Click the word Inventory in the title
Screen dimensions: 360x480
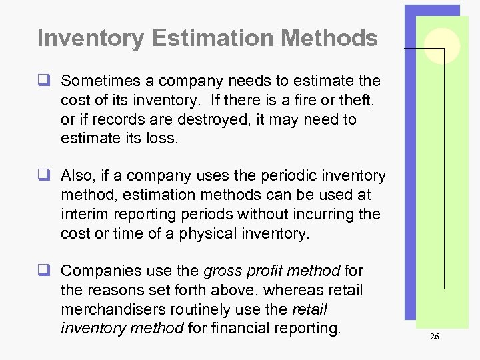point(90,38)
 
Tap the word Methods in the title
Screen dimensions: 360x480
point(329,38)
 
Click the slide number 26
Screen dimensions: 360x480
point(434,337)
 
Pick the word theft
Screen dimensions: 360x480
point(357,101)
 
